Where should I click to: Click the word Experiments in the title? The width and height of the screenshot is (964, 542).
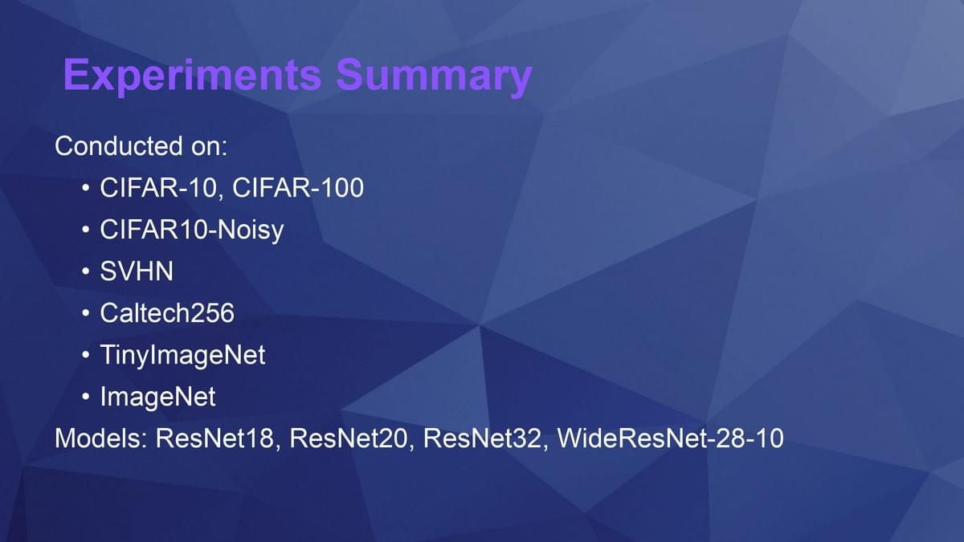tap(192, 75)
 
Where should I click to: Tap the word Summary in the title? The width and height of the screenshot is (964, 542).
tap(435, 75)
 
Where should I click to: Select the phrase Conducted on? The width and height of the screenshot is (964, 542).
tap(141, 146)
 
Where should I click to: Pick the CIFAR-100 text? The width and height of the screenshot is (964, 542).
tap(298, 188)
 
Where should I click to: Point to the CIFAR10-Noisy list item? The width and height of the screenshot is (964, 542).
tap(192, 230)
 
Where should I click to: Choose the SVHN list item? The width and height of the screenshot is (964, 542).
tap(137, 271)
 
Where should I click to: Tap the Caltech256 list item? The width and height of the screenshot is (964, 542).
tap(167, 312)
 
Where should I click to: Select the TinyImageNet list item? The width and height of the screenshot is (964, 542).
tap(183, 355)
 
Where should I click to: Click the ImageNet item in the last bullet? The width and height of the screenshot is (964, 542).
tap(158, 396)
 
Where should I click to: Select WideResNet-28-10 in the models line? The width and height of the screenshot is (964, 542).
tap(671, 438)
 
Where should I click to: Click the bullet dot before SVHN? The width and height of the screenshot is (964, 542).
tap(86, 271)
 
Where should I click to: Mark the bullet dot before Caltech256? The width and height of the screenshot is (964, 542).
tap(86, 313)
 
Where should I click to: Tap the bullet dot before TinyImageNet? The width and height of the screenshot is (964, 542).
tap(86, 355)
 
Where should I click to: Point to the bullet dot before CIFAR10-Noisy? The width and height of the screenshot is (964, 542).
tap(86, 230)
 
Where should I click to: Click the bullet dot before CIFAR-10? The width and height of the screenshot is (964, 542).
tap(86, 188)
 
